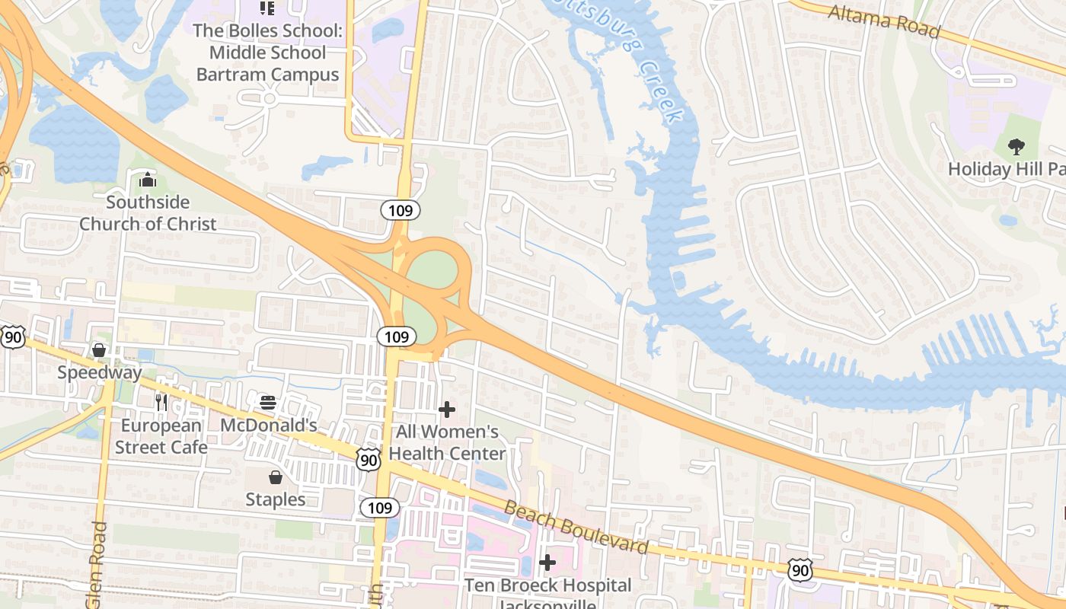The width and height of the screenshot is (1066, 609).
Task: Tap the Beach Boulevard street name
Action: [x=576, y=528]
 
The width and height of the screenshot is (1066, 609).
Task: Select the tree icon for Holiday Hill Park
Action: [x=1016, y=146]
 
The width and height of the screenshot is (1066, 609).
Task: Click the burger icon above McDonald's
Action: [x=267, y=402]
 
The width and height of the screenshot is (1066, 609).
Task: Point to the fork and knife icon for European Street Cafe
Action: [x=161, y=402]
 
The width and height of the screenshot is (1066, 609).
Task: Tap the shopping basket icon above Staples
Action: [x=276, y=477]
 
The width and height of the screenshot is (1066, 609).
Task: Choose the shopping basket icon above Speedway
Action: [x=99, y=350]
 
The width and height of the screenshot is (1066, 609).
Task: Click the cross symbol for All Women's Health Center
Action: [x=447, y=410]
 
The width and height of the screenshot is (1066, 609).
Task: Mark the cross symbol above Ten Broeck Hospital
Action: [x=547, y=563]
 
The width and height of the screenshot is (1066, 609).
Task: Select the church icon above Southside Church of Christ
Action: [x=148, y=180]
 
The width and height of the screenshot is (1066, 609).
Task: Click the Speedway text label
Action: [x=100, y=372]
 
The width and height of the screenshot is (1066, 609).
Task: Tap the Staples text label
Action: [x=276, y=499]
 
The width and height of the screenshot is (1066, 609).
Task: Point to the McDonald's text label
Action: [x=268, y=425]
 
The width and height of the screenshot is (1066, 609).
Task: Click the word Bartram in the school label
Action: [x=228, y=75]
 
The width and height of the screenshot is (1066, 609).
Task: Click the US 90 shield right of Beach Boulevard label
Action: [x=799, y=569]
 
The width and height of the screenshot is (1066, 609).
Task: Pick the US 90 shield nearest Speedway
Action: [x=12, y=336]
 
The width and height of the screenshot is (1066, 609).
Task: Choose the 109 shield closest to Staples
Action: [x=379, y=508]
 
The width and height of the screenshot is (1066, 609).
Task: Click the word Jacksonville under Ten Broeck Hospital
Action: [x=547, y=604]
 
